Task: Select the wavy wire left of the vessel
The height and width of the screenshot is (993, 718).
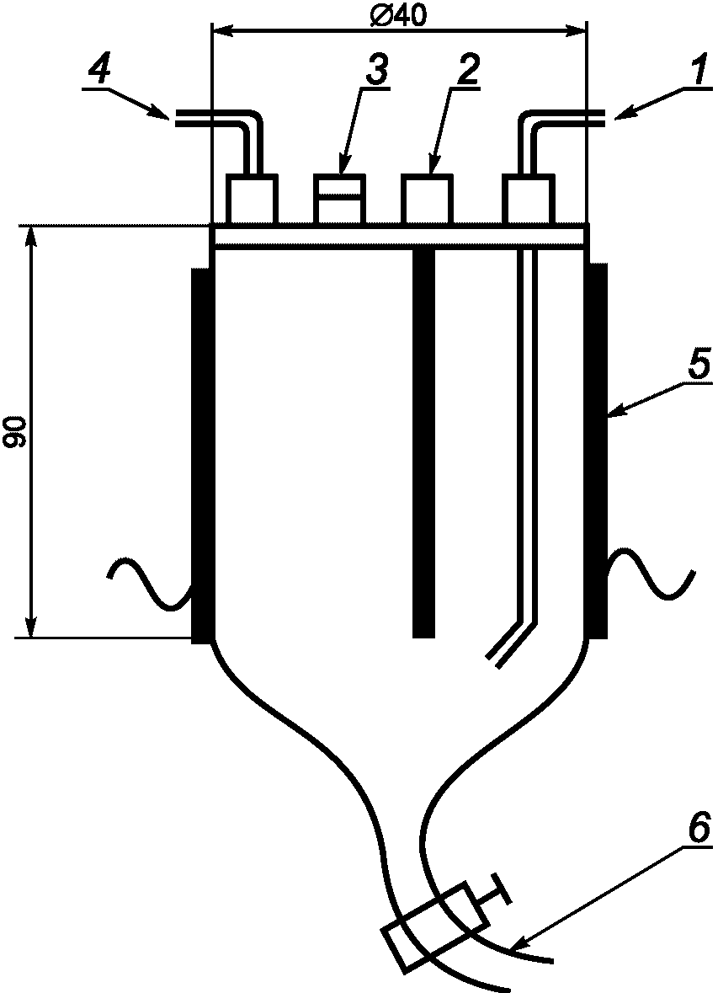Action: (149, 581)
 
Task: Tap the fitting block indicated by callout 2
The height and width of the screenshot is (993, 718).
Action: (427, 200)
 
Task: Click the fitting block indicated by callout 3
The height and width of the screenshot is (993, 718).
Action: (340, 200)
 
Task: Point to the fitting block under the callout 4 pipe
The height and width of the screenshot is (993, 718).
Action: (253, 200)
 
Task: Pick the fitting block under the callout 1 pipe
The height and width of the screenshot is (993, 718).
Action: (528, 200)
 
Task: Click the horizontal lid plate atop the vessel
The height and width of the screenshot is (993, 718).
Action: (400, 235)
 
